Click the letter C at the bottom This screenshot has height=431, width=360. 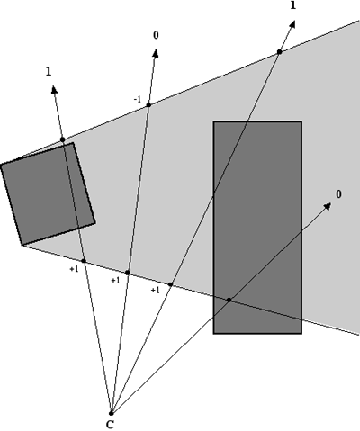(x=110, y=424)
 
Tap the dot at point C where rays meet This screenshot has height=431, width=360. (x=111, y=412)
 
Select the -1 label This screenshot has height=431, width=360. (x=137, y=99)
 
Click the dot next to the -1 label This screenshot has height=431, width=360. (x=148, y=105)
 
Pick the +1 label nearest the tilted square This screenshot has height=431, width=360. (x=74, y=268)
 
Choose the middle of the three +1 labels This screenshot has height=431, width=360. (x=115, y=280)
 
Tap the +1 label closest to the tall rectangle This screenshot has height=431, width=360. (x=155, y=290)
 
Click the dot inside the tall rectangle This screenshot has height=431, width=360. (x=229, y=300)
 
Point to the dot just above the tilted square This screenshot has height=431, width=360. (x=62, y=139)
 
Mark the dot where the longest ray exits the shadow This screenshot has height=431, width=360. (x=279, y=51)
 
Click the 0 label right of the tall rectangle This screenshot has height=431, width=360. (x=338, y=193)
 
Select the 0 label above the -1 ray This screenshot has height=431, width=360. (x=156, y=35)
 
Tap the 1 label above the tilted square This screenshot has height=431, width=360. (x=48, y=70)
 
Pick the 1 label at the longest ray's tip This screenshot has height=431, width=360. (x=293, y=5)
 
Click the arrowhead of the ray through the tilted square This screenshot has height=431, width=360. (x=54, y=87)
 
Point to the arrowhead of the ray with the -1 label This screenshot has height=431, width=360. (x=157, y=52)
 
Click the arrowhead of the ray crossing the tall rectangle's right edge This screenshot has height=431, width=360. (x=326, y=206)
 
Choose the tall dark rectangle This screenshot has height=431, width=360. (x=256, y=227)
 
